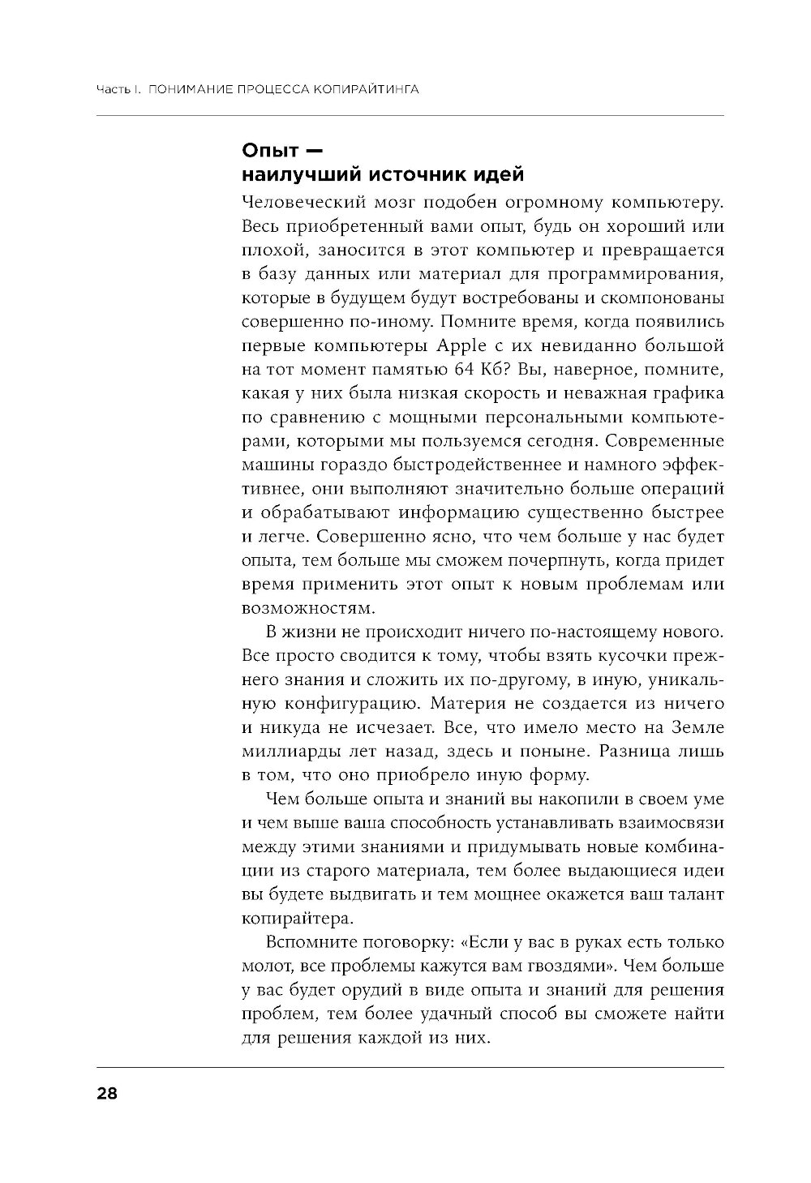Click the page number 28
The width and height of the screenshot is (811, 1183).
tap(107, 1094)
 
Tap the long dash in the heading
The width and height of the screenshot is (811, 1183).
tap(314, 150)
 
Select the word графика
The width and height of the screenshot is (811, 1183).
tap(689, 394)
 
